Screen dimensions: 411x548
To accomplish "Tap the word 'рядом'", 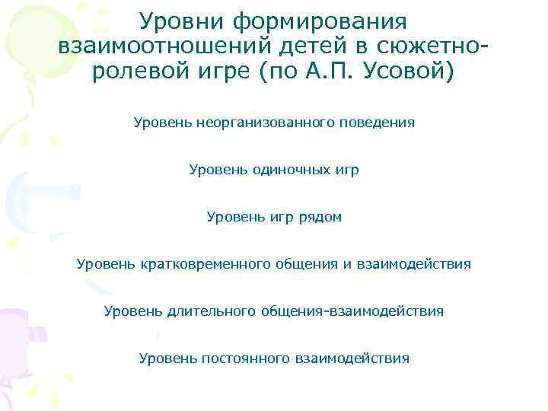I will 319,217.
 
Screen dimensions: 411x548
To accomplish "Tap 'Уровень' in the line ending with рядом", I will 231,217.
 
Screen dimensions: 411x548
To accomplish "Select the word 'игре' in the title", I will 226,74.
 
